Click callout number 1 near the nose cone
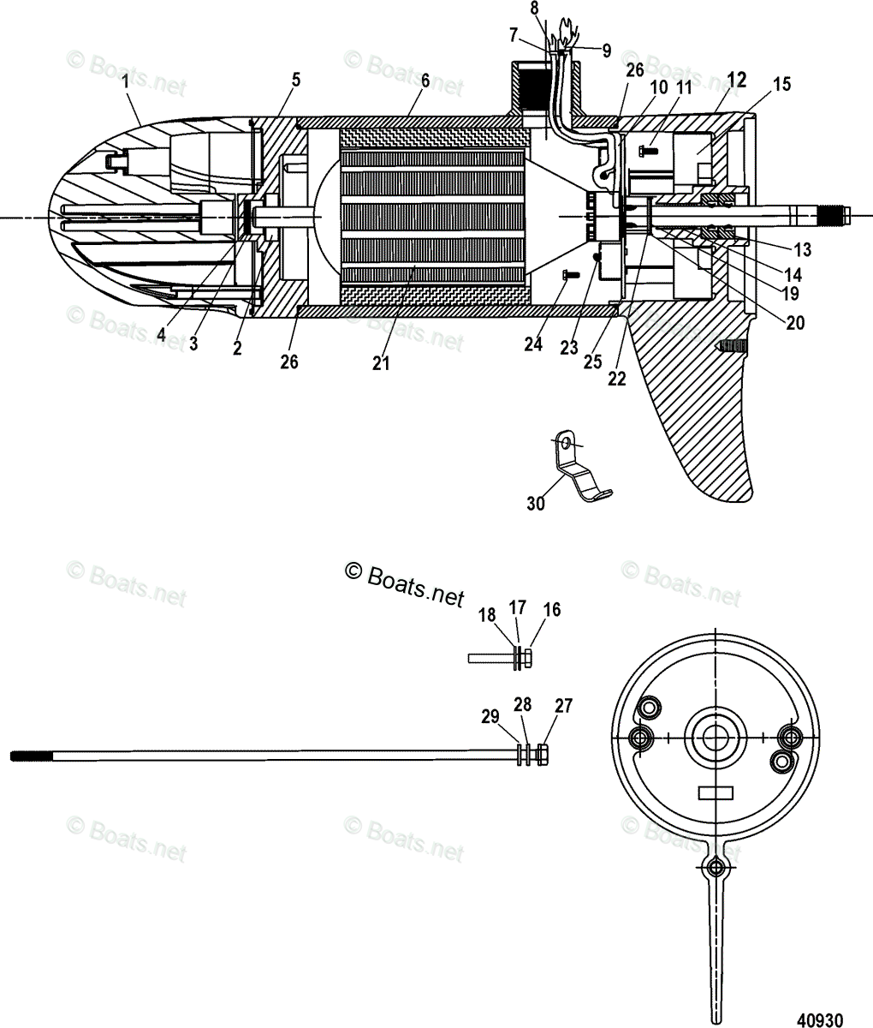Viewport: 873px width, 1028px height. tap(125, 83)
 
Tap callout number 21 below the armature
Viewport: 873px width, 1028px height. tap(381, 362)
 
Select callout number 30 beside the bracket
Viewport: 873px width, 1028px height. tap(535, 504)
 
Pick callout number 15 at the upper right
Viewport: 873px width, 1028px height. tap(781, 84)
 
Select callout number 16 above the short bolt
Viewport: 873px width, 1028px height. tap(552, 610)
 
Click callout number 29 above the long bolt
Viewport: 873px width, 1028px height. tap(490, 716)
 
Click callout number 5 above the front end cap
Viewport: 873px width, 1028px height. tap(296, 81)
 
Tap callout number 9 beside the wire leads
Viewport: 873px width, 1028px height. tap(606, 51)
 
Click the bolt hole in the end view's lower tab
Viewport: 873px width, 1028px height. tap(717, 870)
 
